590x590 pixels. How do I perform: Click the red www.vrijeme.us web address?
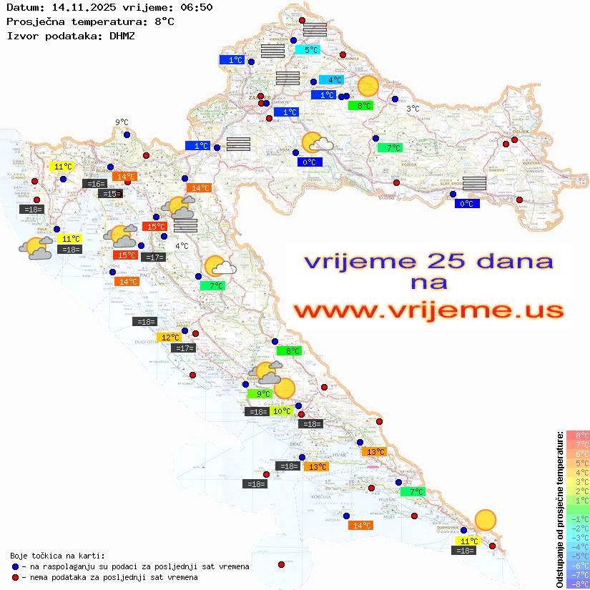[428, 310]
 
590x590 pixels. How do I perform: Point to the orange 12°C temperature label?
[169, 338]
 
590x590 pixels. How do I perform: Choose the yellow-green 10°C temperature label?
[281, 411]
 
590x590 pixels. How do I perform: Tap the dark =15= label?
[111, 194]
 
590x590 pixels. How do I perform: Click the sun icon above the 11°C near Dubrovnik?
[486, 520]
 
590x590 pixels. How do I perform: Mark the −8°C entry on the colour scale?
[577, 584]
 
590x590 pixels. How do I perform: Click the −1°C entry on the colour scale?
[577, 518]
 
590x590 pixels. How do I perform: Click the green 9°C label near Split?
[259, 394]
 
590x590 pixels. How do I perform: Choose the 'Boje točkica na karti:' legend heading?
[57, 556]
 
